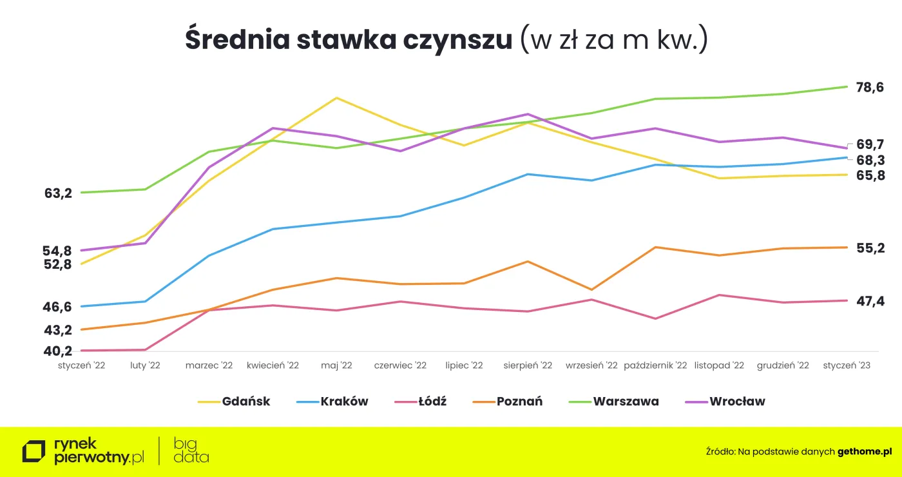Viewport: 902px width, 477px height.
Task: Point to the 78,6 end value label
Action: click(x=870, y=88)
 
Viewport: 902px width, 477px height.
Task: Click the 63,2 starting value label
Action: click(x=58, y=193)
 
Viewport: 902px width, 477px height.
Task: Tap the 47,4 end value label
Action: click(x=870, y=302)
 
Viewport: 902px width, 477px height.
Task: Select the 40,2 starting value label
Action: click(x=58, y=351)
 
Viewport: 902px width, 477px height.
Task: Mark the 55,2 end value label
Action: click(x=870, y=248)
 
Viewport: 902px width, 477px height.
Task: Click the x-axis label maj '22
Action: click(x=336, y=365)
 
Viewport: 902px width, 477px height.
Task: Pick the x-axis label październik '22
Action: click(x=655, y=365)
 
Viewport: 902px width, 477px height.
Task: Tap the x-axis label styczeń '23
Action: click(x=847, y=365)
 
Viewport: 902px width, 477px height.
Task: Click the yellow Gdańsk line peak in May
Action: click(x=336, y=98)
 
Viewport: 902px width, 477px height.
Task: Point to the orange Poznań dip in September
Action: click(x=591, y=289)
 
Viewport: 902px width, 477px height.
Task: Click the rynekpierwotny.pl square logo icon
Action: click(x=34, y=451)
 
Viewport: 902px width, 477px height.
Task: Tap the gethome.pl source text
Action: click(x=865, y=452)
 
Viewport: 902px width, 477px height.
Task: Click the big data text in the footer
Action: click(x=191, y=451)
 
